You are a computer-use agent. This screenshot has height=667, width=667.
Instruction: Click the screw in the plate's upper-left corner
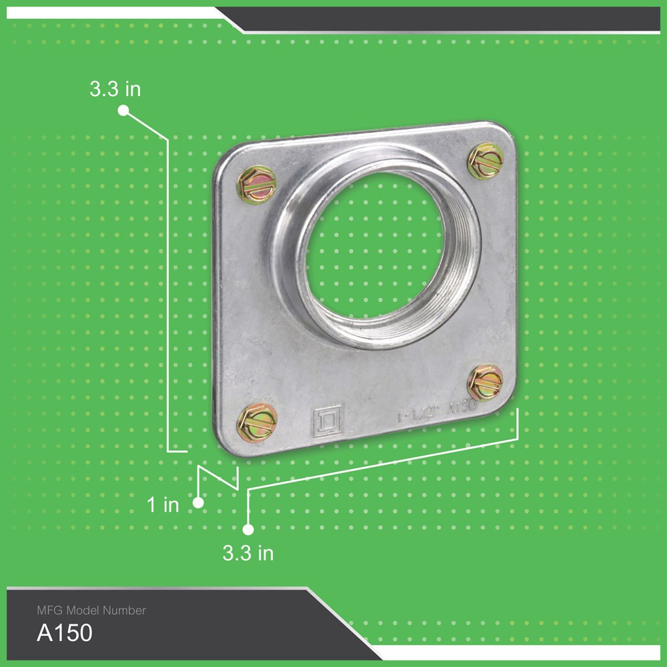[256, 185]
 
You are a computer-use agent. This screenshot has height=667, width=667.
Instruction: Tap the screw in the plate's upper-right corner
[485, 160]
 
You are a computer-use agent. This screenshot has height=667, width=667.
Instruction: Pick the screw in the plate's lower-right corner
[484, 382]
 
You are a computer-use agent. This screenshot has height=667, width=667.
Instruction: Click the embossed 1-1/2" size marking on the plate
[418, 414]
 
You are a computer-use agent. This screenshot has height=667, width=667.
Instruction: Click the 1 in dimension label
[163, 505]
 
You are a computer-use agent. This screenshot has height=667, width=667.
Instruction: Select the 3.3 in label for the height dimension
[115, 89]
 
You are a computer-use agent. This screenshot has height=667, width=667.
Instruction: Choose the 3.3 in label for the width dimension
[248, 553]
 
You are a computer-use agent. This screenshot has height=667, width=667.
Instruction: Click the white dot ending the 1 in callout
[197, 503]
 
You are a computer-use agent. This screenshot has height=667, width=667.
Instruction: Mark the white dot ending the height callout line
[123, 111]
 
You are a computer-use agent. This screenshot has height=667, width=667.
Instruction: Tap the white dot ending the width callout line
[248, 530]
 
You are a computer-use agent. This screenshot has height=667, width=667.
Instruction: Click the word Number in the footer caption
[125, 610]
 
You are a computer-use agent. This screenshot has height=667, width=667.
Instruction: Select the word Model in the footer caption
[82, 610]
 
